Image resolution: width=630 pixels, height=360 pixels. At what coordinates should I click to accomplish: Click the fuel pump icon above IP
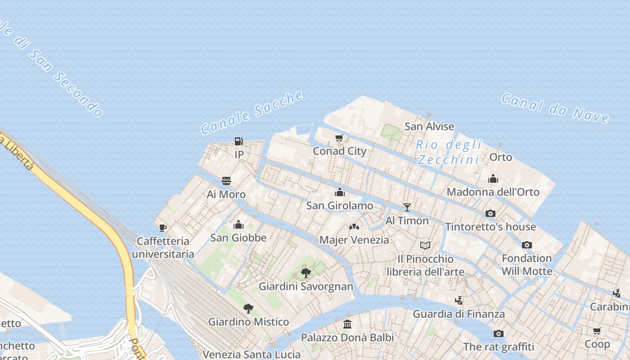point(239,141)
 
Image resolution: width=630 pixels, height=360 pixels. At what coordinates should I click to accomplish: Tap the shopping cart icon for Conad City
point(339,138)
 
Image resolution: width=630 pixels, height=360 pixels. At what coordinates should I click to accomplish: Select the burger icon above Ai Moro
point(226,181)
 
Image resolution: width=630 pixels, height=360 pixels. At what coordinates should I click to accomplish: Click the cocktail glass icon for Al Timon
point(407,207)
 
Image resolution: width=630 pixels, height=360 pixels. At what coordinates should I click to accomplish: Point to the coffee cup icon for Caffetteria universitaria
point(163,228)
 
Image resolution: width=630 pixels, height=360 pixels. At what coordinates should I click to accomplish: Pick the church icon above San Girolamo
point(340,193)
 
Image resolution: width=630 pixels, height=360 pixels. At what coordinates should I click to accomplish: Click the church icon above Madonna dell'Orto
point(493,179)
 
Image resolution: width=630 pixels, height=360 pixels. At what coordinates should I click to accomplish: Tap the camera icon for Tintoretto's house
point(490,213)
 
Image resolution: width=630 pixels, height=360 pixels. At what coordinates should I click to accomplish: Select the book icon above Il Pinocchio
point(425,245)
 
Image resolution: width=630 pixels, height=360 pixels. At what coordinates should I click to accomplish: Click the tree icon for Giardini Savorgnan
point(306,273)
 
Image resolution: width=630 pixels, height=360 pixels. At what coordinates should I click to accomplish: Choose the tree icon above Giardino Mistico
point(248,308)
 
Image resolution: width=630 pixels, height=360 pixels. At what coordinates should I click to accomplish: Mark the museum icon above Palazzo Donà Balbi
point(347,324)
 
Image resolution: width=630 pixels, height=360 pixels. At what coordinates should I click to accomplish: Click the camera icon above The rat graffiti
point(498,333)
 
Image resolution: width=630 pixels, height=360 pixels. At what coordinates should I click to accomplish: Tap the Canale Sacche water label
point(252,112)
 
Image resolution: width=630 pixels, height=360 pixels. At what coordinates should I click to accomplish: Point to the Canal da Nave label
point(555,108)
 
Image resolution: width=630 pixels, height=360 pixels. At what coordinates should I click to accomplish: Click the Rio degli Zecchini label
point(449,152)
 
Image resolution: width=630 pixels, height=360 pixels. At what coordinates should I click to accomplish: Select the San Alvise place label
point(429,126)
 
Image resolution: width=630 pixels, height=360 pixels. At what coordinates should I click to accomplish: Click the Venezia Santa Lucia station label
point(252,354)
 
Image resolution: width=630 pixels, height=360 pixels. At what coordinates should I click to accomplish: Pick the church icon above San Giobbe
point(238,225)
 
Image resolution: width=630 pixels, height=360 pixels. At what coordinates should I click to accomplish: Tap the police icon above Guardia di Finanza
point(459,300)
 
